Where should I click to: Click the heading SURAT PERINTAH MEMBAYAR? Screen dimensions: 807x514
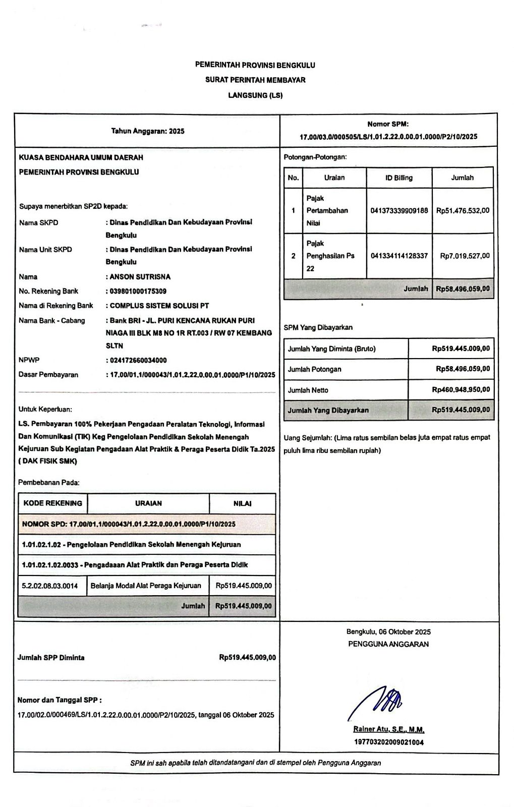click(255, 80)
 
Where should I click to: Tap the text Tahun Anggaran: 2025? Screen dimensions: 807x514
click(148, 131)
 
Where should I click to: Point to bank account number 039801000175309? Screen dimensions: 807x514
click(138, 291)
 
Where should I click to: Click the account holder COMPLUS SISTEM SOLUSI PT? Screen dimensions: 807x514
click(159, 306)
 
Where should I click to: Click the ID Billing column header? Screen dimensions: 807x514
click(399, 178)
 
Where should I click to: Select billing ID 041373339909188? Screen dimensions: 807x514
click(399, 210)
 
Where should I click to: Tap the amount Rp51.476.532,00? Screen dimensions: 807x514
click(463, 210)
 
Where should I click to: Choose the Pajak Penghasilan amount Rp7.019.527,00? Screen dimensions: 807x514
click(465, 256)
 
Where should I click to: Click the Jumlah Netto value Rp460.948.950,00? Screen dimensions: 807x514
click(461, 389)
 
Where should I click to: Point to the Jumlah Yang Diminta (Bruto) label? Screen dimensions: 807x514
click(331, 349)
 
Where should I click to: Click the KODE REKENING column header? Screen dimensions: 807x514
click(52, 503)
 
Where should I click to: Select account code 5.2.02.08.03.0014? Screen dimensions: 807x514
click(50, 586)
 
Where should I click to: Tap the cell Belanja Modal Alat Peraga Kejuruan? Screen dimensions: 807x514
click(146, 586)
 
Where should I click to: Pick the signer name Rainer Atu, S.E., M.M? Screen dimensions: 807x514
click(388, 729)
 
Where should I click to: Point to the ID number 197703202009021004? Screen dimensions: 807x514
click(388, 742)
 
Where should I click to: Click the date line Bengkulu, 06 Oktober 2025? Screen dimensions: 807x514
click(388, 631)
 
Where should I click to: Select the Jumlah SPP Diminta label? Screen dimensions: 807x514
click(51, 658)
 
